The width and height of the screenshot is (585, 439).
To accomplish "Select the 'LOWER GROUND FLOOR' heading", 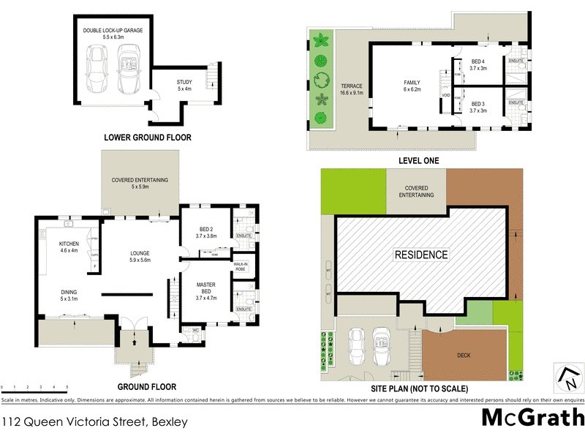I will point(148,137).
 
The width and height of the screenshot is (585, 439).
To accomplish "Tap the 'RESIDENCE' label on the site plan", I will point(421,255).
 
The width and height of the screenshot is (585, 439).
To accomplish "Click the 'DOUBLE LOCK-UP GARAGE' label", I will point(113,30).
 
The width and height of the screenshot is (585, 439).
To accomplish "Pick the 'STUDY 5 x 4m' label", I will point(184,85).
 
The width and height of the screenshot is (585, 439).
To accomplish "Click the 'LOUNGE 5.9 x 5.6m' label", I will point(139,257).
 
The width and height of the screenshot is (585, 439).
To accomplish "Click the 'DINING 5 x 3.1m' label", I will point(70,294).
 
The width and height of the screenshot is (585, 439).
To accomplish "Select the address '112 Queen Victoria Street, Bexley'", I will point(95,422).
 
